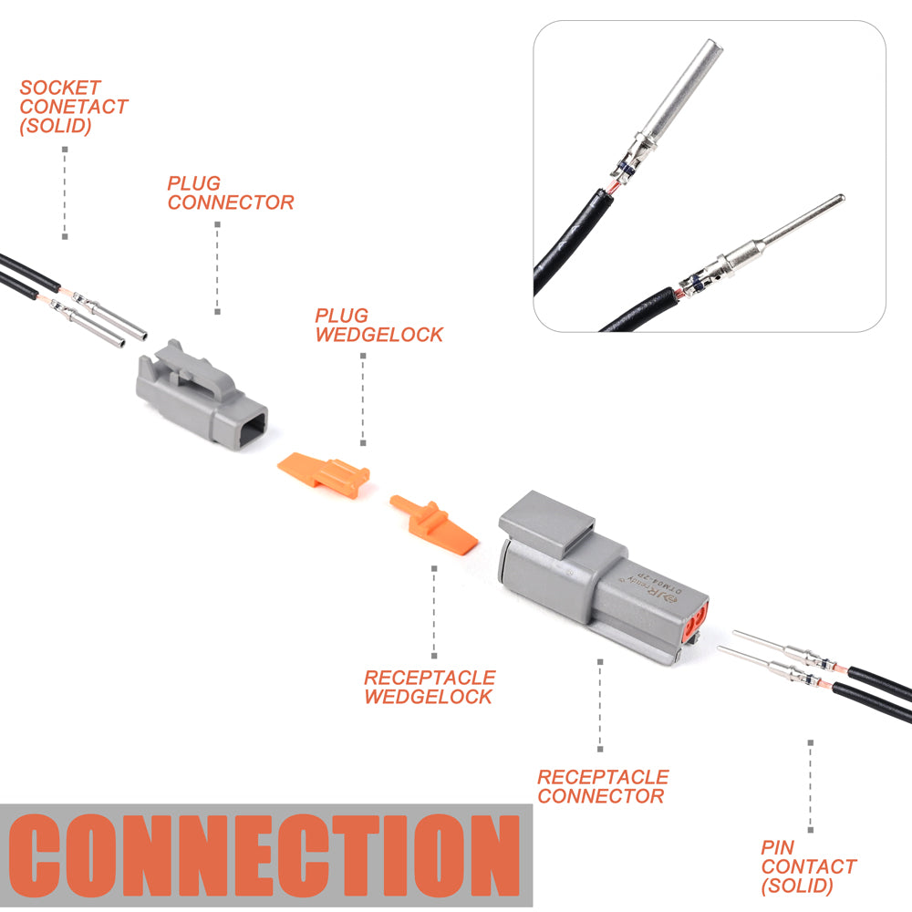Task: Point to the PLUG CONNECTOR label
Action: click(x=230, y=193)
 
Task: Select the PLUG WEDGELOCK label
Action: click(x=378, y=326)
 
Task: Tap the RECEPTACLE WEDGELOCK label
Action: click(x=430, y=687)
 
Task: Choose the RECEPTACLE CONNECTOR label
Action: click(x=603, y=786)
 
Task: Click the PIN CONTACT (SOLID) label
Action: click(x=808, y=866)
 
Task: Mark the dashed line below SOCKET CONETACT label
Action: click(x=65, y=192)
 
